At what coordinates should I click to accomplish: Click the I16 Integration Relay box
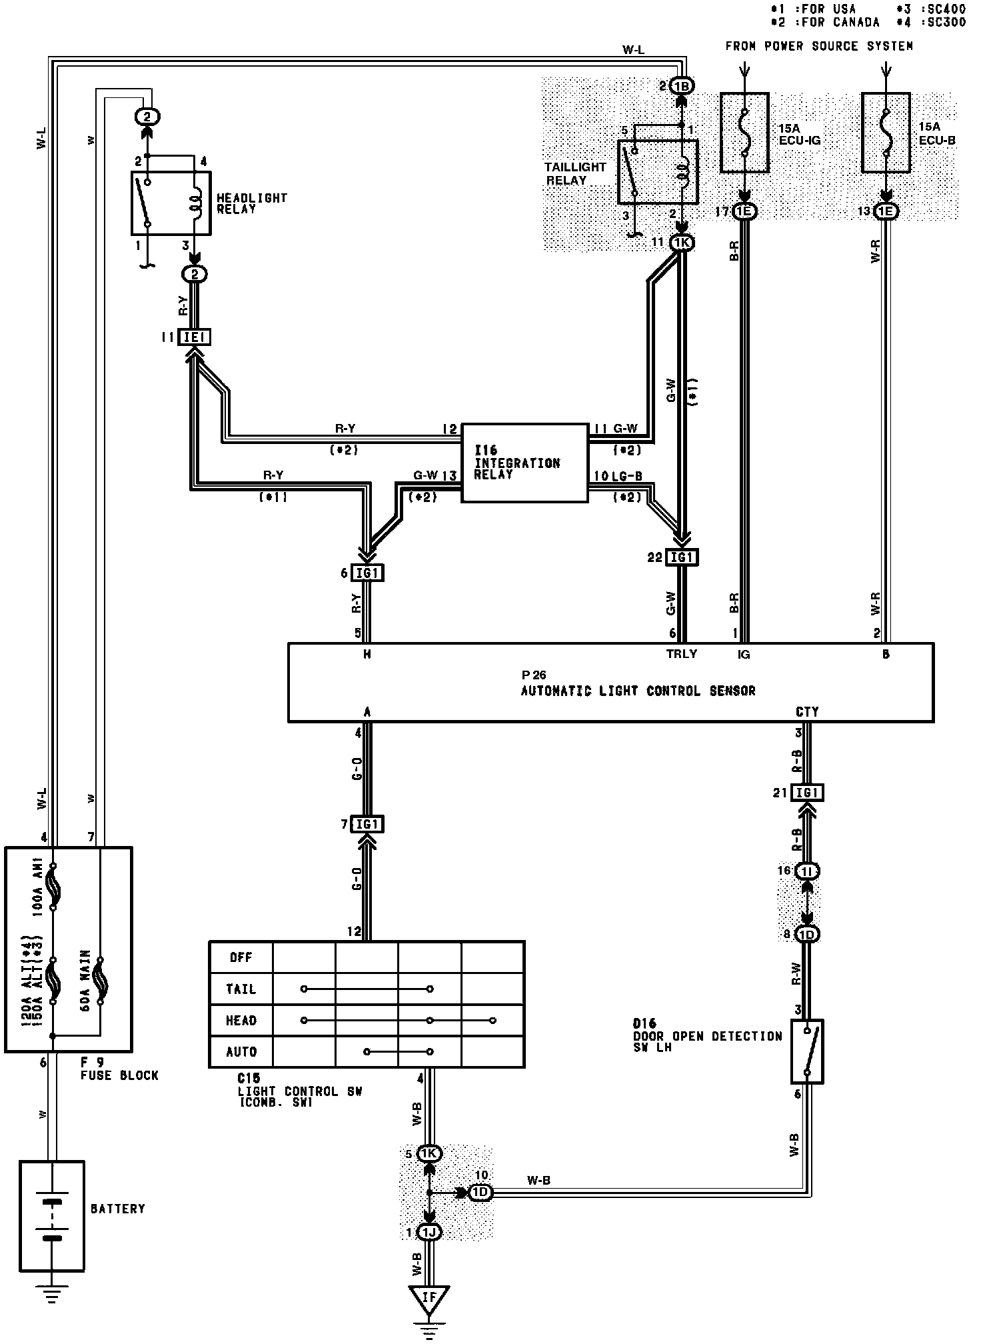pos(524,462)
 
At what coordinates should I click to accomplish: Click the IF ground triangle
pos(429,1297)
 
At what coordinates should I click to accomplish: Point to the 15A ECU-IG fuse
pos(744,133)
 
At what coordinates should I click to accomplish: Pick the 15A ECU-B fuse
pos(886,133)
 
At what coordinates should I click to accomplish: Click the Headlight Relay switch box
pos(171,203)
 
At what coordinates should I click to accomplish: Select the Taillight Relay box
pos(658,171)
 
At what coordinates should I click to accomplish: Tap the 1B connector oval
pos(681,86)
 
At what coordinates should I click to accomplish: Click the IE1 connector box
pos(194,337)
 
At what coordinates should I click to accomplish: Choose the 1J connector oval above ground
pos(429,1233)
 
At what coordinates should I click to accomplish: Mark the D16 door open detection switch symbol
pos(807,1051)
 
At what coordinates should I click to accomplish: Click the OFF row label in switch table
pos(241,957)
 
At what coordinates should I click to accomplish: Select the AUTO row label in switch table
pos(241,1052)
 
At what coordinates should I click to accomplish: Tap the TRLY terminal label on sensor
pos(681,654)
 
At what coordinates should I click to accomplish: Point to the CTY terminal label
pos(806,712)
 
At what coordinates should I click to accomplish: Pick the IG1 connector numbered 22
pos(681,557)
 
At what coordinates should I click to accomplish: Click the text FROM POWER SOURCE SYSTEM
pos(818,46)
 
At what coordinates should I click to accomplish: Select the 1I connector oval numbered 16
pos(807,871)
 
